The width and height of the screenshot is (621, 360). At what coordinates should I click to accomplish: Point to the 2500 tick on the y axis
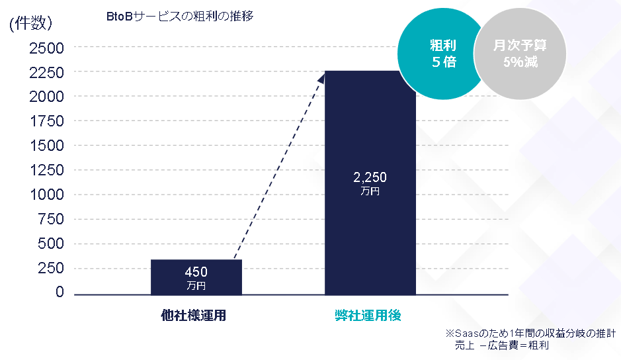pos(46,48)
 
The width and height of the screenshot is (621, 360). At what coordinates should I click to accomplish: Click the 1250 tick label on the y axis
pos(46,170)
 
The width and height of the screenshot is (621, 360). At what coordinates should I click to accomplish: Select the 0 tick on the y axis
pos(60,292)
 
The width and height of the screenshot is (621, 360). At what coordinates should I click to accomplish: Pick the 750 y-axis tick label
pos(50,219)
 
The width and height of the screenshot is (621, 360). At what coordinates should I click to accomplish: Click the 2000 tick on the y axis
pos(46,97)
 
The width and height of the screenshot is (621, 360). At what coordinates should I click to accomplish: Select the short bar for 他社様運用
pos(196,277)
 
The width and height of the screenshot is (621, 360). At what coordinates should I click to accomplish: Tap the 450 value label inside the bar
pos(196,272)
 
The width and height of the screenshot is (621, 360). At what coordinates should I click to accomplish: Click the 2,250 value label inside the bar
pos(370,177)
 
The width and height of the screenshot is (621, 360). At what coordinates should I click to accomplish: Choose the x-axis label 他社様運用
pos(194,316)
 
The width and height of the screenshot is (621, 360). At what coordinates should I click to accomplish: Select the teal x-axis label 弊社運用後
pos(368,316)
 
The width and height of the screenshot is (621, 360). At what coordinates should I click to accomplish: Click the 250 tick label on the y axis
pos(50,268)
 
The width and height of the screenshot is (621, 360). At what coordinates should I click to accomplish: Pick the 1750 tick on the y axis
pos(46,121)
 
